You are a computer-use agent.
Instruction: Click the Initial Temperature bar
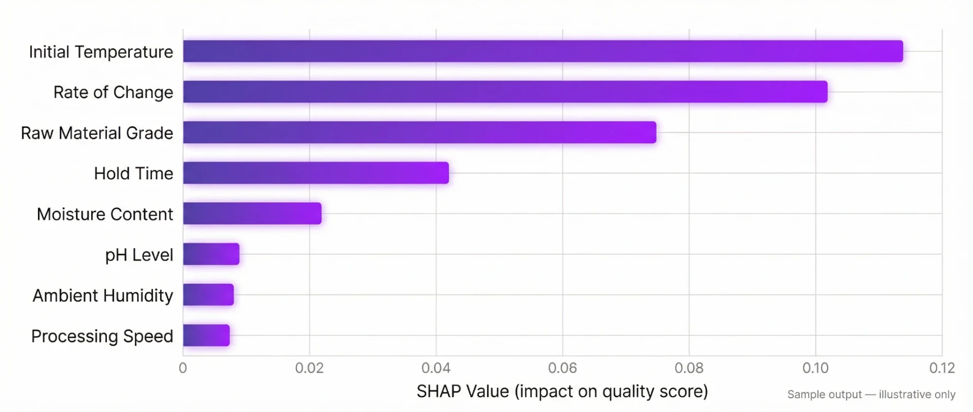pos(542,51)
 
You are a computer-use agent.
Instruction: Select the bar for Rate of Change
pos(505,92)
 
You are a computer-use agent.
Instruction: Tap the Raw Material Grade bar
pos(419,132)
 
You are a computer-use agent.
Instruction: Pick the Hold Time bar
pos(315,173)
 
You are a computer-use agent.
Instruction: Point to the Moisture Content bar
pos(252,213)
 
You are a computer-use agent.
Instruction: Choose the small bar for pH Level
pos(211,254)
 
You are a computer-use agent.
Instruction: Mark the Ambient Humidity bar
pos(208,294)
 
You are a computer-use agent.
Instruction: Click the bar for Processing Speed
pos(206,335)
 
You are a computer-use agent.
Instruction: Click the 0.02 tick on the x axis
pos(309,368)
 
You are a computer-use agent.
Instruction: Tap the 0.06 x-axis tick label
pos(562,368)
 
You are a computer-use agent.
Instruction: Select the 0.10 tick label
pos(815,368)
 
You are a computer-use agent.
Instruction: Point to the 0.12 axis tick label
pos(942,368)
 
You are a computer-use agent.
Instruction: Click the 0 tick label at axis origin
pos(183,368)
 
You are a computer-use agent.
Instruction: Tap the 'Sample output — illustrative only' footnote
pos(871,394)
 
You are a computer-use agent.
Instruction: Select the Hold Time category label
pos(133,173)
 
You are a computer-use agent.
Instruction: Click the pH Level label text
pos(139,255)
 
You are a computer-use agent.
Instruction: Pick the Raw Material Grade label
pos(97,133)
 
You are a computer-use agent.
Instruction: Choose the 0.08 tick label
pos(689,368)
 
